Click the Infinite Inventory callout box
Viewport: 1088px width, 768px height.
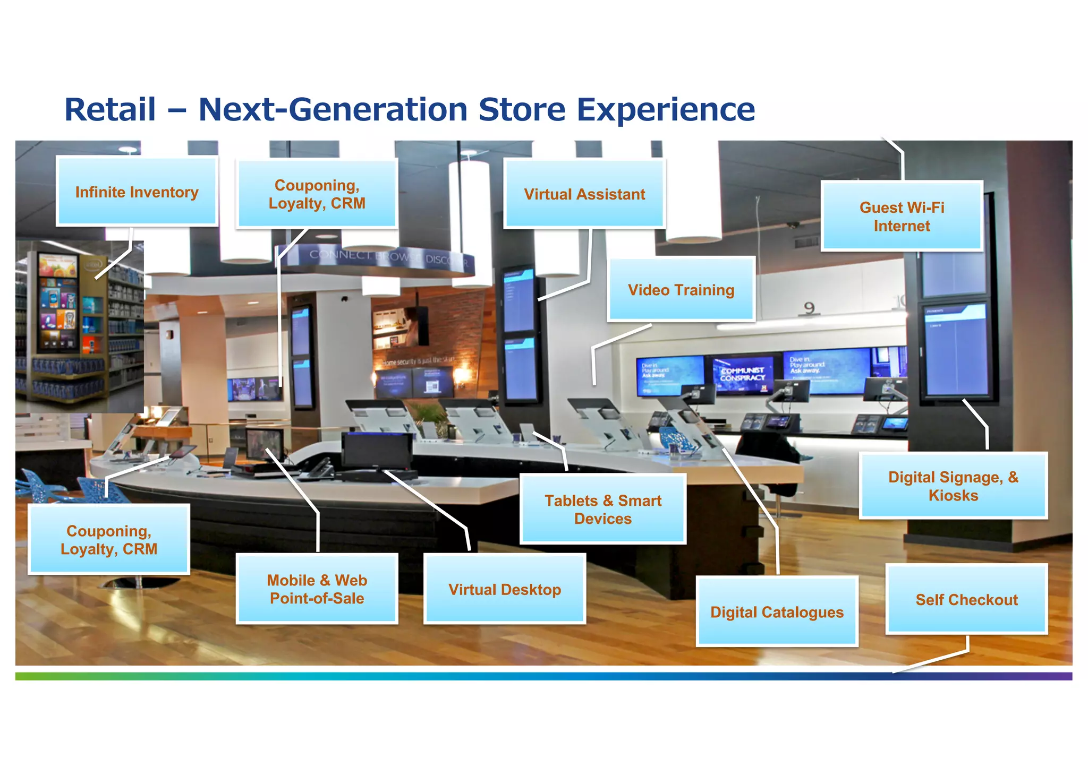pos(137,192)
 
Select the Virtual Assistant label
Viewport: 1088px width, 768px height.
pos(584,194)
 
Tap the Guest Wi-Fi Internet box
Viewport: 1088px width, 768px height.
pos(902,217)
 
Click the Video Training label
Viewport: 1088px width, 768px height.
pos(681,290)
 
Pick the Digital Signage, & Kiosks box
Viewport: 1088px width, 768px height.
pos(953,486)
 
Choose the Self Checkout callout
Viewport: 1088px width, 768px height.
pos(966,600)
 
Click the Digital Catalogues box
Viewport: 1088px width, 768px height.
pos(777,612)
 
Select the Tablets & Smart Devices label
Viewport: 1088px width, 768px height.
pos(603,510)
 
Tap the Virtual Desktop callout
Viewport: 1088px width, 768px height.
pos(505,589)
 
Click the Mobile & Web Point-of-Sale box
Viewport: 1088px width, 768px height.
pos(317,589)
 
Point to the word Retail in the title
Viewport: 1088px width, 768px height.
pos(110,109)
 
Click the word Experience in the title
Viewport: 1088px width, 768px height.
pos(666,109)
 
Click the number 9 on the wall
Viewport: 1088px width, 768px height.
pos(809,308)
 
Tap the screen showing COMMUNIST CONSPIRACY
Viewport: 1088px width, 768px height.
pos(743,374)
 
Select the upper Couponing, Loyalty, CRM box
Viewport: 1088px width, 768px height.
pos(317,194)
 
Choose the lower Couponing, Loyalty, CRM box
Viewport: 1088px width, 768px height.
pos(109,540)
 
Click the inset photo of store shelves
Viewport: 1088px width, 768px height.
pos(80,326)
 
